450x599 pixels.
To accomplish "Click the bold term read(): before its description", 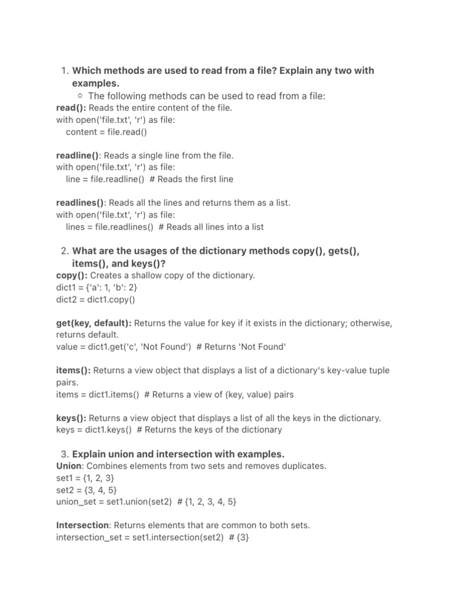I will click(x=71, y=108).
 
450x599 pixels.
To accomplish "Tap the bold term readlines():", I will click(x=80, y=203).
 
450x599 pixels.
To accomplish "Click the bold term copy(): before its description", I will click(x=72, y=275).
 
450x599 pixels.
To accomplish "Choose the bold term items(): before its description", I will click(x=73, y=370).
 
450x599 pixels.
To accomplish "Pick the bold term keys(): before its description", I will click(x=71, y=418).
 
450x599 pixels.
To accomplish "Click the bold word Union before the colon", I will click(x=70, y=466).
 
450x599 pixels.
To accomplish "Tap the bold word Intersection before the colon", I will click(x=83, y=525).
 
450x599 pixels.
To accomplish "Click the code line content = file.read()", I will click(x=107, y=132).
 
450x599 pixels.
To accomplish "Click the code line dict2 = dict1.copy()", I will click(x=96, y=299).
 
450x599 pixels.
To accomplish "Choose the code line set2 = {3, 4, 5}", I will click(x=83, y=490).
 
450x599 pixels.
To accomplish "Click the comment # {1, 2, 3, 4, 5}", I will click(x=207, y=502).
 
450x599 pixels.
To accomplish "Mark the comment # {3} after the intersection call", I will click(x=238, y=538).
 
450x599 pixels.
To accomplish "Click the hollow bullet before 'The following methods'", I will click(x=79, y=96).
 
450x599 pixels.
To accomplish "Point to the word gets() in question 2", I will click(x=343, y=251).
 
